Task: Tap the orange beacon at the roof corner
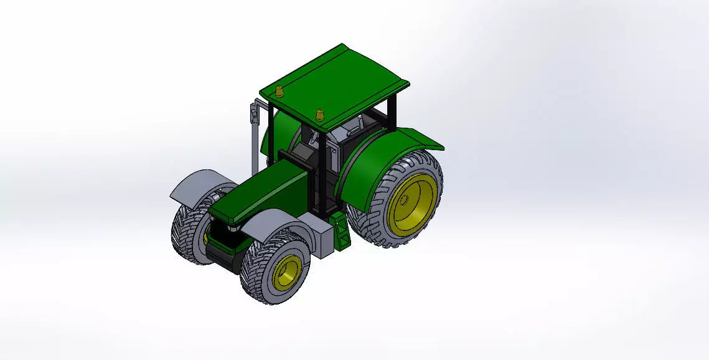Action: [x=279, y=91]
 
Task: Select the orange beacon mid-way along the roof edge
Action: [x=320, y=114]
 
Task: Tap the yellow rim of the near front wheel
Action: [x=288, y=270]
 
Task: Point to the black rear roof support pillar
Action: [x=392, y=113]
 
